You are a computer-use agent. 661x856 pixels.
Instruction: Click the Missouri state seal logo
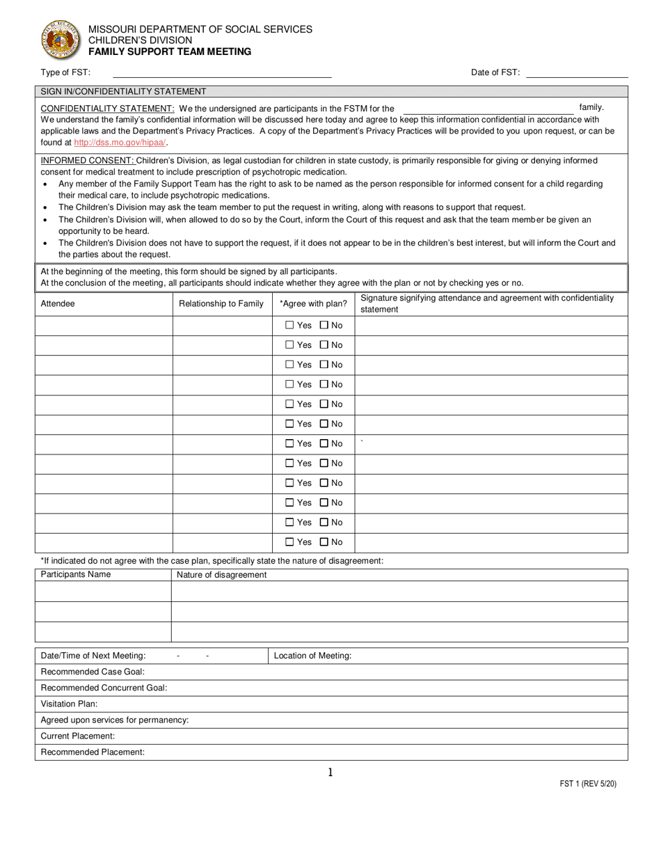tap(61, 40)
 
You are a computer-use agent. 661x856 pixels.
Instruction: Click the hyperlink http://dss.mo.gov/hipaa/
tap(120, 143)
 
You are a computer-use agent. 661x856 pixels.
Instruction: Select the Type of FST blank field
tap(222, 72)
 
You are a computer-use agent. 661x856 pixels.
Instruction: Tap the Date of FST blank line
tap(577, 72)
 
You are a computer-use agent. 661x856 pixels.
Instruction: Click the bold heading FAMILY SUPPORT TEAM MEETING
tap(170, 51)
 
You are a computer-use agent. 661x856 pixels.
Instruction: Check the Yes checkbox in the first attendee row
tap(290, 325)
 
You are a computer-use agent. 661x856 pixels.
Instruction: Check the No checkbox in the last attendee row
tap(324, 542)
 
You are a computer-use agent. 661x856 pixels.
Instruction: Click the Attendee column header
tap(58, 303)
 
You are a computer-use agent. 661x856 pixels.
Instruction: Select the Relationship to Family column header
tap(221, 303)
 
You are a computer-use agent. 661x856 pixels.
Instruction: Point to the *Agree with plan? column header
tap(313, 303)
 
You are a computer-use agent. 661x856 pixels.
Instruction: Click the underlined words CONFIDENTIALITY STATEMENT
tap(108, 109)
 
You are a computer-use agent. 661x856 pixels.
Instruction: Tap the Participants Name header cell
tap(76, 575)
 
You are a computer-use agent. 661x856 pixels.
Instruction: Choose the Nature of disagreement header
tap(221, 575)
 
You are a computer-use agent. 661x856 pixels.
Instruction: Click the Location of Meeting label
tap(312, 656)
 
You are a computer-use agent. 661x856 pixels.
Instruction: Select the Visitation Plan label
tap(69, 704)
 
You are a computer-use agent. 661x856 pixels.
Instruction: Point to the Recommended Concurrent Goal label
tap(104, 688)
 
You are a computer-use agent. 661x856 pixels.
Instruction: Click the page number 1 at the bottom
tap(330, 772)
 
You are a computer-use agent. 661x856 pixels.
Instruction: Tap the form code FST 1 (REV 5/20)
tap(588, 784)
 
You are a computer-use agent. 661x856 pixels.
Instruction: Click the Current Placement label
tap(78, 736)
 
